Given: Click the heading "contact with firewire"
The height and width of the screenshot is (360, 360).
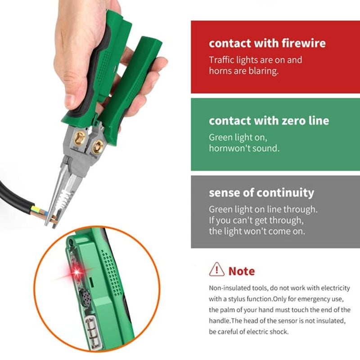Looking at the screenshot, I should pyautogui.click(x=267, y=44).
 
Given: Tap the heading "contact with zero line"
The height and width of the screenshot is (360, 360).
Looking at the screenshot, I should pyautogui.click(x=269, y=121).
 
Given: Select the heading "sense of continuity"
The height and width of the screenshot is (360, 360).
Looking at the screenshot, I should pyautogui.click(x=261, y=193).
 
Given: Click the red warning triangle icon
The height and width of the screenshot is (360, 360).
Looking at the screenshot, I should pyautogui.click(x=216, y=270).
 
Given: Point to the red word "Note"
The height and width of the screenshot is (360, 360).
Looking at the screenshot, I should pyautogui.click(x=241, y=271).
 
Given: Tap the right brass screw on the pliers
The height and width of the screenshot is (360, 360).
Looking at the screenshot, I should pyautogui.click(x=98, y=146).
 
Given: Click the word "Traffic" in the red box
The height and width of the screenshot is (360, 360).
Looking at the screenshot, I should pyautogui.click(x=222, y=60).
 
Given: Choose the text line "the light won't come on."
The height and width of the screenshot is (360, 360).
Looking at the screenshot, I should pyautogui.click(x=256, y=232).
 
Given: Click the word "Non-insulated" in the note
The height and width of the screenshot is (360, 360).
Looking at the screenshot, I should pyautogui.click(x=229, y=288).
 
